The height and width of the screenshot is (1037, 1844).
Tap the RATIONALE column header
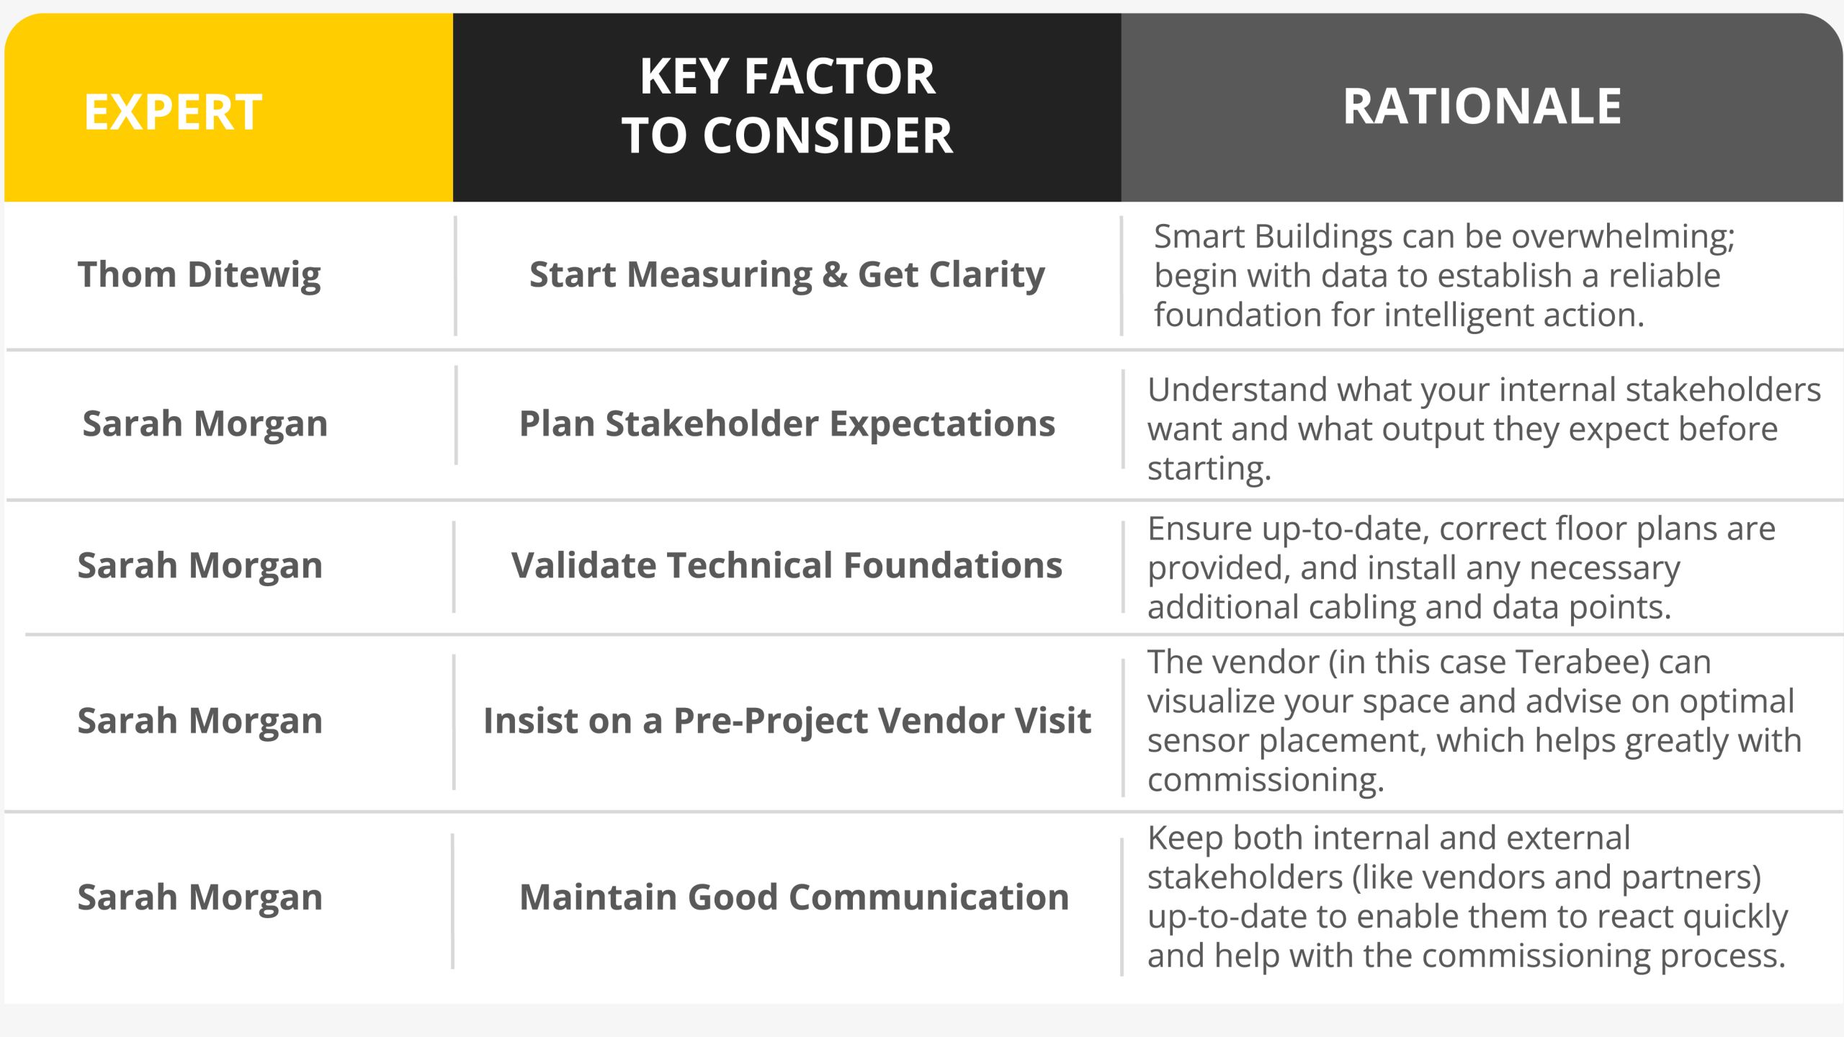[1482, 107]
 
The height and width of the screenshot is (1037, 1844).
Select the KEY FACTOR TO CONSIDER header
[787, 106]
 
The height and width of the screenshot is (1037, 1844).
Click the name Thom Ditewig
[200, 275]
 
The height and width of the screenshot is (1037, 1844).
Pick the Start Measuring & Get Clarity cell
[787, 275]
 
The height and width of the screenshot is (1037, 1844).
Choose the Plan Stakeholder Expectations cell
[787, 423]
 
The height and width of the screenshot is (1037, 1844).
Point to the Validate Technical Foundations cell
[787, 565]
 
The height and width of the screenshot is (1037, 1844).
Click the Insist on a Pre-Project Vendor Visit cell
[787, 721]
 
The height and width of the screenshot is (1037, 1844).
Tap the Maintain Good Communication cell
[795, 897]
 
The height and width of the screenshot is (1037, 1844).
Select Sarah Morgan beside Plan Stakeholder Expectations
[205, 424]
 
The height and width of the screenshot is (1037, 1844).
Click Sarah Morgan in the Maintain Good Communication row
[200, 898]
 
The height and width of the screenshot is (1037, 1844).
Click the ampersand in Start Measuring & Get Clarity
[835, 275]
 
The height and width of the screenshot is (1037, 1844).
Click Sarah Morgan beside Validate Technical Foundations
[200, 566]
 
